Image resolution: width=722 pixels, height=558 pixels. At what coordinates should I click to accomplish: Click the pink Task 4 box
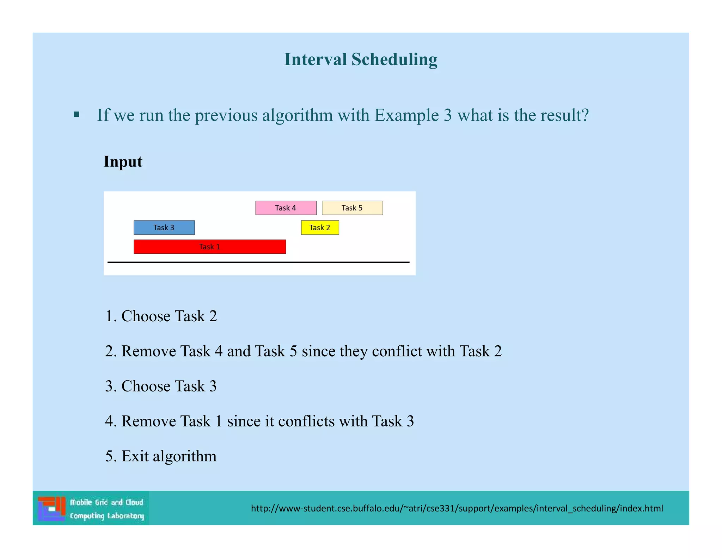click(x=286, y=208)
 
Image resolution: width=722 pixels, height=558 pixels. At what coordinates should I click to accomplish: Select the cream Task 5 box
click(x=352, y=208)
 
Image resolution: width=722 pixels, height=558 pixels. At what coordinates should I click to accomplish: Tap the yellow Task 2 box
click(x=320, y=228)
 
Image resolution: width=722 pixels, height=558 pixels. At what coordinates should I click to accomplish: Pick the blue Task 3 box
click(x=164, y=228)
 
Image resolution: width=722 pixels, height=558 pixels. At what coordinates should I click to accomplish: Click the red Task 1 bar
click(x=209, y=247)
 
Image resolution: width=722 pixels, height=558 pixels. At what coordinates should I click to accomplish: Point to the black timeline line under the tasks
click(x=258, y=262)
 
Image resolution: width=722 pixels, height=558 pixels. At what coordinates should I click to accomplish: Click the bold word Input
click(x=123, y=162)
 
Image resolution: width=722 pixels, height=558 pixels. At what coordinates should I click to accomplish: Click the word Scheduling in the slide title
click(x=394, y=59)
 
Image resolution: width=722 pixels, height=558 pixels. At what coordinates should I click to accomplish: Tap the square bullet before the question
click(x=77, y=114)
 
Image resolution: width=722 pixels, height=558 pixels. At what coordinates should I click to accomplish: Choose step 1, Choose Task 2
click(x=161, y=316)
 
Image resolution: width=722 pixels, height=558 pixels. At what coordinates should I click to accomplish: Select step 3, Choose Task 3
click(x=161, y=386)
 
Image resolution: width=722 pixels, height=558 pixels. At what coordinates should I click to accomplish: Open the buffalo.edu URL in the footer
click(x=457, y=508)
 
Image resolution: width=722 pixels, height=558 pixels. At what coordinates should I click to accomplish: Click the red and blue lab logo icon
click(x=52, y=508)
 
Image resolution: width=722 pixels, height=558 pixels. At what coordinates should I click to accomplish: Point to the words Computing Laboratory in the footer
click(x=107, y=516)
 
